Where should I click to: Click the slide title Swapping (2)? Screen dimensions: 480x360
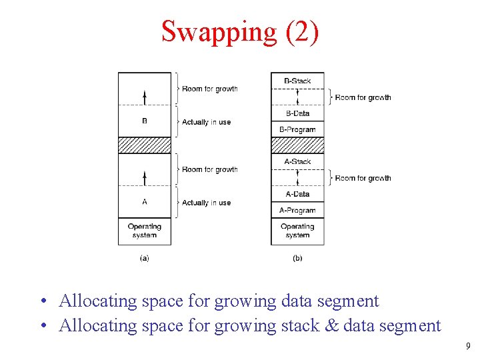click(240, 31)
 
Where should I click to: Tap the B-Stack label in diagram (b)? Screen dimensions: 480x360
click(297, 81)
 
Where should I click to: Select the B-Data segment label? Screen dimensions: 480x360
click(297, 113)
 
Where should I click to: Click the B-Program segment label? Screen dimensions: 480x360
click(297, 129)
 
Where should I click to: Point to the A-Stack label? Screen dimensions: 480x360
click(297, 161)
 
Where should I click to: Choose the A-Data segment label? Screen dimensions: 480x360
click(297, 194)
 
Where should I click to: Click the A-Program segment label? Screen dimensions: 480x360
click(297, 210)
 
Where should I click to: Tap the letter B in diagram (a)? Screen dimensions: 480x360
click(145, 121)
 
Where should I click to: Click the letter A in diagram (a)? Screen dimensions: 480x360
click(145, 202)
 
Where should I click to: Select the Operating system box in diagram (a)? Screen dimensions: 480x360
click(145, 231)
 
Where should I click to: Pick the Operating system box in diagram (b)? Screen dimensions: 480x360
click(297, 231)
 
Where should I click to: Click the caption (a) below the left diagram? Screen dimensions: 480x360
click(145, 258)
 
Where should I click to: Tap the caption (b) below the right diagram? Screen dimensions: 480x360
click(297, 258)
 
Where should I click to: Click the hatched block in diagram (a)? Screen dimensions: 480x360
click(145, 145)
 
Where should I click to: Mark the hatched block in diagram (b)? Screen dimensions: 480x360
click(297, 145)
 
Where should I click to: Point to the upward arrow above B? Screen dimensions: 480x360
click(145, 97)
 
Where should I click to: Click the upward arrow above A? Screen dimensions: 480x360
click(145, 177)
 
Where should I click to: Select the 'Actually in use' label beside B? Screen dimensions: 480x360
click(207, 122)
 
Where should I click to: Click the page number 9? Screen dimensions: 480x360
click(469, 346)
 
